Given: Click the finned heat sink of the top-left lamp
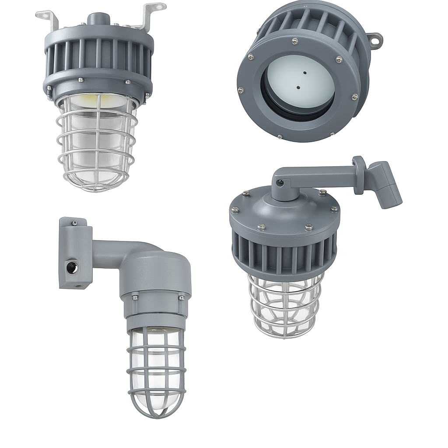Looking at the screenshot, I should coord(98,57).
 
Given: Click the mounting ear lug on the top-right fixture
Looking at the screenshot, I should coord(375,40).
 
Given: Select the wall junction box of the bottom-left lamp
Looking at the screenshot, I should coord(75,254).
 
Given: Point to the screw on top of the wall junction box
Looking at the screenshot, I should coord(75,223).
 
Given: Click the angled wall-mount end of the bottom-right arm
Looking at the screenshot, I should coord(385,184).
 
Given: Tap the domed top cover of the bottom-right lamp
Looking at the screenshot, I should coord(284,210).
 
